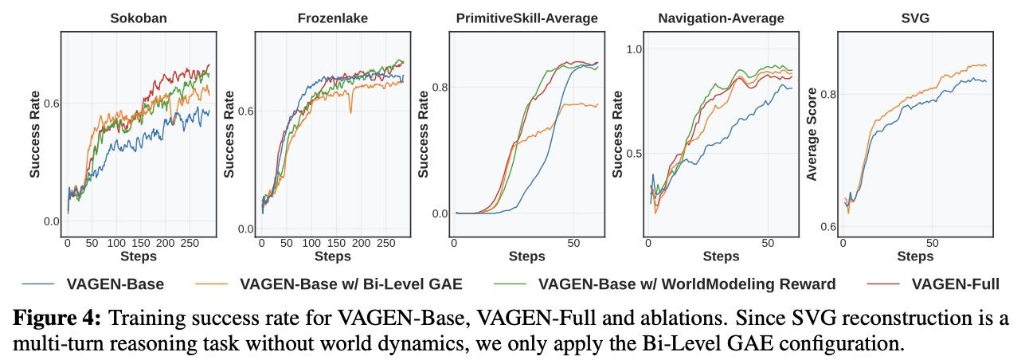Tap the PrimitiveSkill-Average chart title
(527, 18)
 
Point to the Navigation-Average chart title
(722, 18)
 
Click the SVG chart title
(916, 18)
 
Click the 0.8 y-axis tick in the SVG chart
(825, 94)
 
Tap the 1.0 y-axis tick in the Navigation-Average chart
(632, 49)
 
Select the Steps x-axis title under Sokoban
(139, 256)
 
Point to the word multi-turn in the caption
(52, 344)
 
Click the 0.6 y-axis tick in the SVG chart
(825, 227)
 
